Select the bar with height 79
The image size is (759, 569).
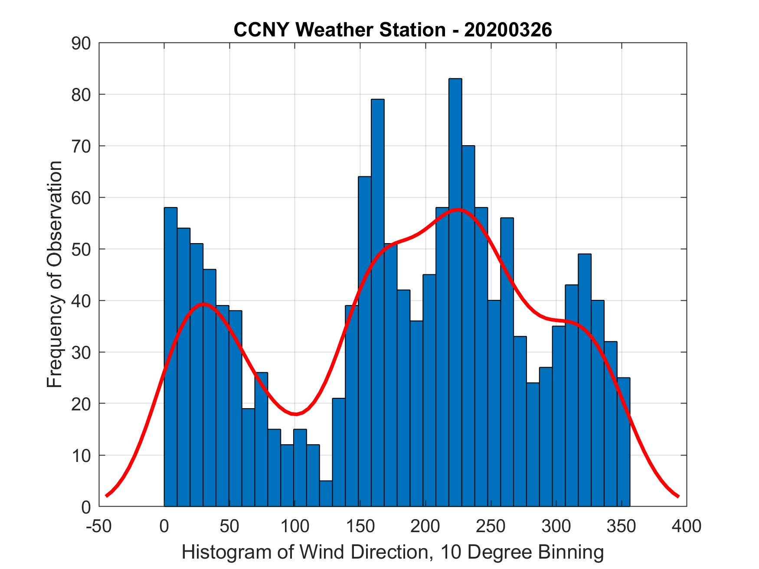click(377, 303)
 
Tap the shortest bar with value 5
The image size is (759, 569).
click(326, 493)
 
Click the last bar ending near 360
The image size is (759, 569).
click(623, 442)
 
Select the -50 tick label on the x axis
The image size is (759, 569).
click(99, 526)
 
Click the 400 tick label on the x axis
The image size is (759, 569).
click(686, 526)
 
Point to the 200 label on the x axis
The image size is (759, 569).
click(425, 526)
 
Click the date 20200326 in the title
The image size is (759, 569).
click(508, 30)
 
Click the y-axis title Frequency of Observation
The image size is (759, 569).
click(55, 274)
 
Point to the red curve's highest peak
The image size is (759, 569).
click(458, 210)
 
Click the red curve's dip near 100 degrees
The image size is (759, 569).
click(295, 414)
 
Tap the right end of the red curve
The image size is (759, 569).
click(678, 496)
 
